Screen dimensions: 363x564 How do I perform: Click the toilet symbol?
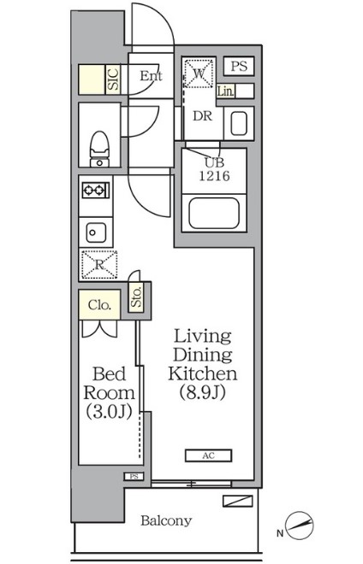(x=99, y=149)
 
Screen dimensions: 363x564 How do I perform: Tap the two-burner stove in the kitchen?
(x=96, y=190)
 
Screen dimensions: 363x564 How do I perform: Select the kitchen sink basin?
(x=96, y=232)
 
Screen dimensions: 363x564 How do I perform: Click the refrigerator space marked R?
(x=99, y=265)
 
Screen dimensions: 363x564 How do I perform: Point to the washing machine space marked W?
(x=199, y=73)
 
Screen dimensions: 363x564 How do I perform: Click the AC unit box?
(x=208, y=455)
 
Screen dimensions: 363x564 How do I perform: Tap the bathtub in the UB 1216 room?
(x=214, y=213)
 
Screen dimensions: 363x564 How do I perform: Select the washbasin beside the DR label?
(x=239, y=123)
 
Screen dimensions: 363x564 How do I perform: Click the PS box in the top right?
(x=239, y=66)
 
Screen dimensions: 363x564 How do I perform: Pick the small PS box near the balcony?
(x=134, y=477)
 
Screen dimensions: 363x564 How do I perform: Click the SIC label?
(x=113, y=79)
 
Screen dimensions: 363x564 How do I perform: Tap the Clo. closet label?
(x=99, y=305)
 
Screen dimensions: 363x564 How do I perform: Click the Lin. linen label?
(x=226, y=91)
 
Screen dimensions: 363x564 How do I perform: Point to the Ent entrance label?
(x=151, y=75)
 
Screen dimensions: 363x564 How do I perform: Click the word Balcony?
(x=166, y=520)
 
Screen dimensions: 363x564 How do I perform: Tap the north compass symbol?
(x=299, y=526)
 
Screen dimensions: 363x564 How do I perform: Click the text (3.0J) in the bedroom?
(x=109, y=412)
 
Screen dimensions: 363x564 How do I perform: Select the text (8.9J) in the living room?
(x=203, y=392)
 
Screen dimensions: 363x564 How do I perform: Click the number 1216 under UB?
(x=215, y=176)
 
